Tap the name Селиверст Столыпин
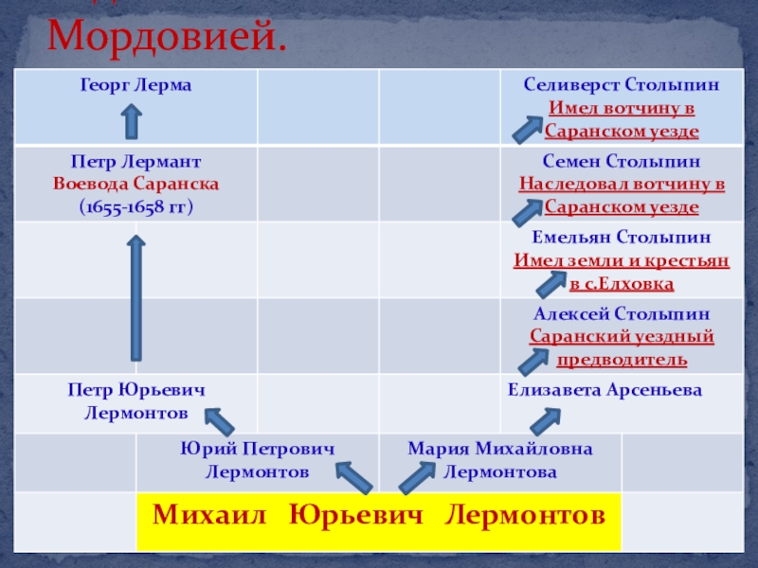[x=622, y=85]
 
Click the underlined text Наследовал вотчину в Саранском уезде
[x=622, y=195]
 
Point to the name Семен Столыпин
[x=622, y=162]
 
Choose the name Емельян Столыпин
[x=622, y=238]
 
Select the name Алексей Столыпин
[x=622, y=314]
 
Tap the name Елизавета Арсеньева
[x=605, y=389]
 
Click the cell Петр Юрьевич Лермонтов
[x=136, y=401]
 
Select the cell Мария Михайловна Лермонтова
[x=500, y=459]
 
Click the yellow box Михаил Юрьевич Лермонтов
[x=379, y=516]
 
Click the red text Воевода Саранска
[x=136, y=183]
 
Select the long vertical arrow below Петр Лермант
[x=136, y=298]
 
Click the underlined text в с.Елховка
[x=622, y=283]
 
